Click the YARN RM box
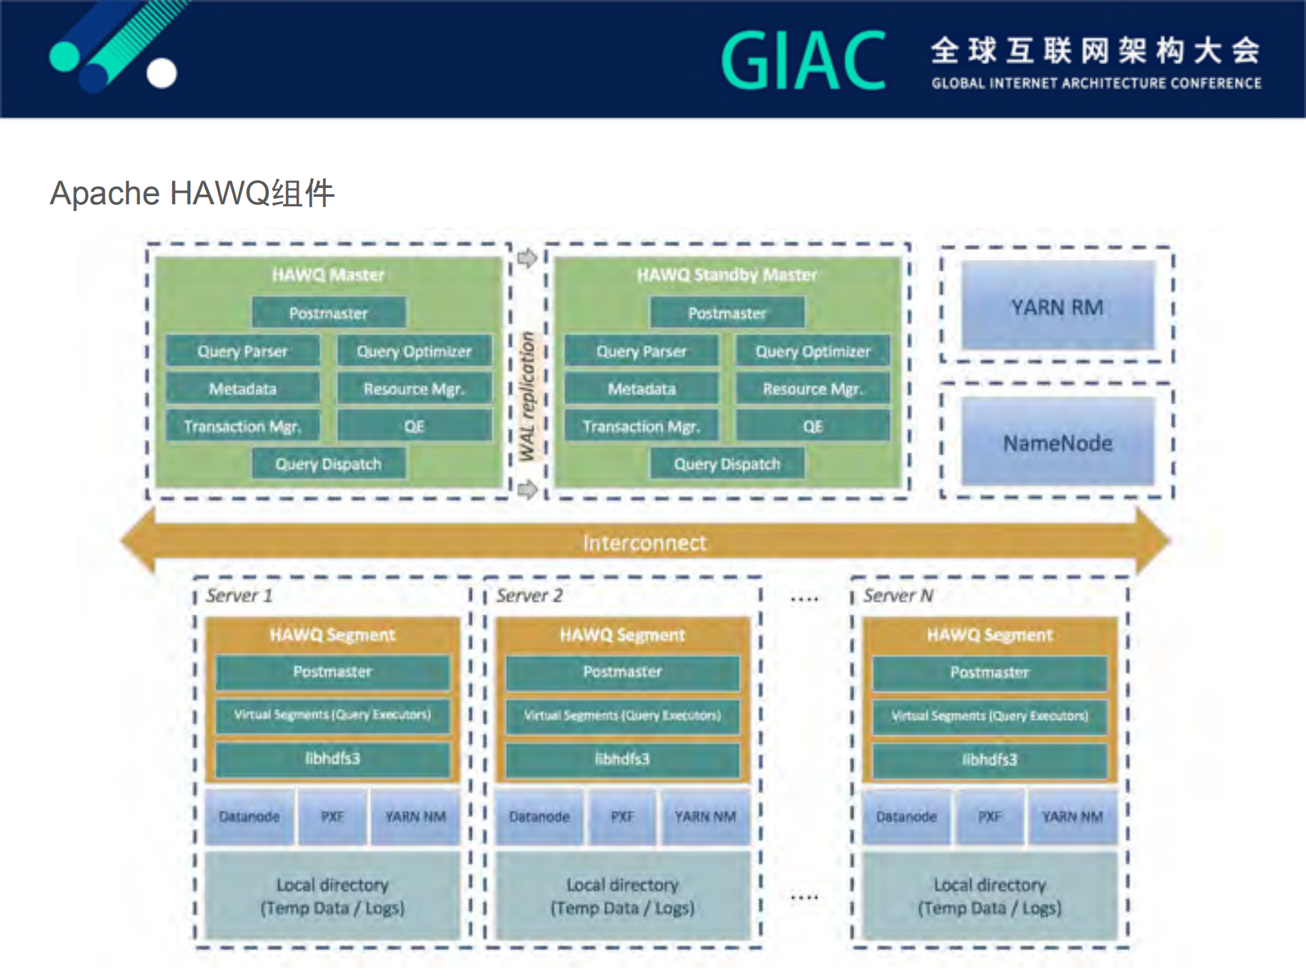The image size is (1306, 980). pos(1057,306)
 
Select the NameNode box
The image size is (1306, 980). pos(1057,443)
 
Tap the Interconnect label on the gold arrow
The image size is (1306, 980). pos(644,542)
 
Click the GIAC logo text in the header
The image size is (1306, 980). pos(804,61)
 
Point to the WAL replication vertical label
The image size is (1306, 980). pos(527,396)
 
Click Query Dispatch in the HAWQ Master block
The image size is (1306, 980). pos(328,464)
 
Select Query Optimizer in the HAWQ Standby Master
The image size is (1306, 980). pos(813,351)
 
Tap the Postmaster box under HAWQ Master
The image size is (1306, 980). pos(328,313)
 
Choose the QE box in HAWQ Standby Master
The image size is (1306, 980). pos(813,426)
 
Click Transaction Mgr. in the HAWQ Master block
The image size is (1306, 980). pos(242,426)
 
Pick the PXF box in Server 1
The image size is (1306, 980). pos(332,816)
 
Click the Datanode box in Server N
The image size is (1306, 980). pos(906,816)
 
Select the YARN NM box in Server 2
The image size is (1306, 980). pos(705,816)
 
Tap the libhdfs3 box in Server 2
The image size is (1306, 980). pos(622,759)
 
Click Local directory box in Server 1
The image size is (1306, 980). pos(332,896)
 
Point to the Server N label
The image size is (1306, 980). pos(898,596)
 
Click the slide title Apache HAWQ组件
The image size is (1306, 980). pos(193,193)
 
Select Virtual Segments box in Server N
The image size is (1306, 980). pos(990,716)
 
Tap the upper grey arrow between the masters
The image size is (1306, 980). pos(527,258)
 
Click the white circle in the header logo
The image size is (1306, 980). pos(161,74)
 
